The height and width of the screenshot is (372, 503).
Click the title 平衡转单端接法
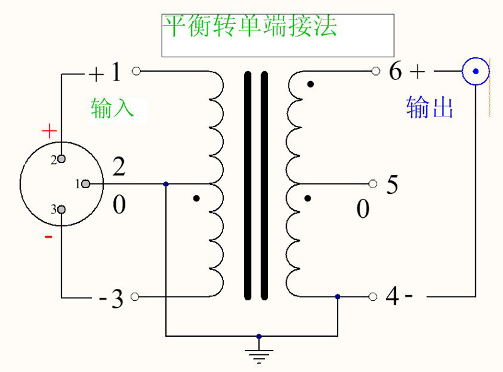coord(250,26)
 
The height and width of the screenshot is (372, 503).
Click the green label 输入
coord(113,108)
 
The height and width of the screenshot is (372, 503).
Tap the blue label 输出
coord(430,108)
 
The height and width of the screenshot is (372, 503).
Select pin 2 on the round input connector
coord(62,159)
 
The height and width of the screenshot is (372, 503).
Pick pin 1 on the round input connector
coord(86,184)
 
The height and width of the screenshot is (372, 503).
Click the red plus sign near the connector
coord(49,132)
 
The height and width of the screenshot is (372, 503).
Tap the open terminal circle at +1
coord(136,71)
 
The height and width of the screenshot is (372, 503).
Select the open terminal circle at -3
coord(136,296)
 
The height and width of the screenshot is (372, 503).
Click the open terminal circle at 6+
coord(375,71)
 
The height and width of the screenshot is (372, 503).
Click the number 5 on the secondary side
coord(392,186)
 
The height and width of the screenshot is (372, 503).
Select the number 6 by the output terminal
coord(395,72)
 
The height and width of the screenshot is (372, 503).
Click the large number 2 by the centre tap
coord(119,168)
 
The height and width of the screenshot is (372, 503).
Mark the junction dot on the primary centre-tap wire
coord(165,184)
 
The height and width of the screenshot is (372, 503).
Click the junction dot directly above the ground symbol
coord(259,336)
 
